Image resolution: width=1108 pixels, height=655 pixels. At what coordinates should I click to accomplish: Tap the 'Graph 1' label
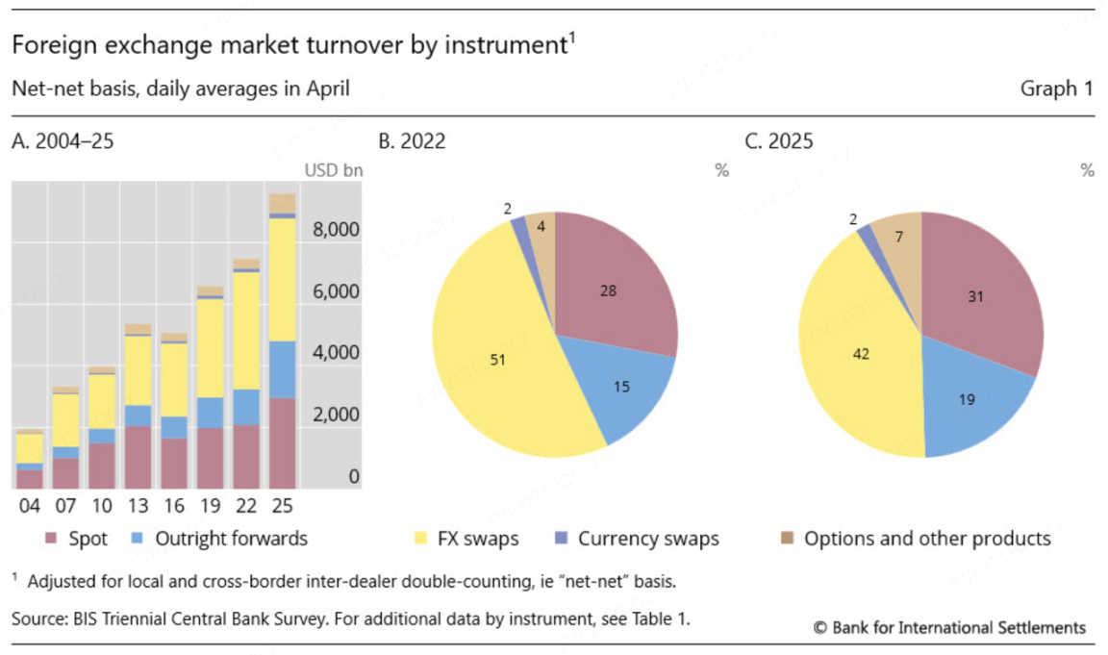pos(1056,89)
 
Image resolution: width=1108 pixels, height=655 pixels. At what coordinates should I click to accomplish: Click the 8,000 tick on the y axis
pos(336,230)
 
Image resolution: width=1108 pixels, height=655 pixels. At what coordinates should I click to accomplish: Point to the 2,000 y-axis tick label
pos(336,415)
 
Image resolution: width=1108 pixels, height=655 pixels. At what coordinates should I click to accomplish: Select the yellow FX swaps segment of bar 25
pos(283,279)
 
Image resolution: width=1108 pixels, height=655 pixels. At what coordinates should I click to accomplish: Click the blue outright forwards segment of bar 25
pos(283,369)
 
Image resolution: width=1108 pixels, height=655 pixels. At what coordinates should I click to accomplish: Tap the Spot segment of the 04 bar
pos(30,478)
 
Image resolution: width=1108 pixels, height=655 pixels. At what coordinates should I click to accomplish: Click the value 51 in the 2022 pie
pos(498,361)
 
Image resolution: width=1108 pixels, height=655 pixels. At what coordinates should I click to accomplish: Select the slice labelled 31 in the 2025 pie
pos(976,297)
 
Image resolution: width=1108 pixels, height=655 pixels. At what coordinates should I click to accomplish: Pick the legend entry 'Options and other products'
pos(927,539)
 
